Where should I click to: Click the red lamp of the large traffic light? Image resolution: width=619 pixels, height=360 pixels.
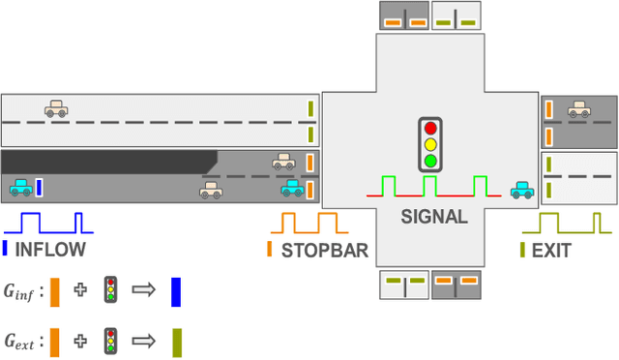[x=430, y=128]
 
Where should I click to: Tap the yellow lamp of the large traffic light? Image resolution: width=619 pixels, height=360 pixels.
[x=430, y=144]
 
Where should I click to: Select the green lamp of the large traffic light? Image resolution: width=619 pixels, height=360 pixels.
[x=430, y=161]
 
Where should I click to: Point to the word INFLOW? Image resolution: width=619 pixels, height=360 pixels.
[x=49, y=250]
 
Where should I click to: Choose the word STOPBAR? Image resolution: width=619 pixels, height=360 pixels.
[x=324, y=250]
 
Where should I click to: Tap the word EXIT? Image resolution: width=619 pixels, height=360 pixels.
[x=551, y=250]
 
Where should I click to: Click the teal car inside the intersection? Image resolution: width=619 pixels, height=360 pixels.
[x=521, y=190]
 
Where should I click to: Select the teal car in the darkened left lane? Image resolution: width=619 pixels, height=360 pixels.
[x=20, y=188]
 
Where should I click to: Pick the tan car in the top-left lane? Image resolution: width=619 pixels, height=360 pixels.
[x=56, y=109]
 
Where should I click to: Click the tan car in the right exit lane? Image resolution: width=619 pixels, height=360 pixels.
[x=579, y=110]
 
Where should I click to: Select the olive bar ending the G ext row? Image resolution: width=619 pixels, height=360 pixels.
[x=176, y=342]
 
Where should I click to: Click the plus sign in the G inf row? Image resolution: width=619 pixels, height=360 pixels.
[x=80, y=289]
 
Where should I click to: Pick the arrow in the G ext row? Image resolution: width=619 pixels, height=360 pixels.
[x=144, y=341]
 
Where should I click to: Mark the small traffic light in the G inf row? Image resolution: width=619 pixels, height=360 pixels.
[x=111, y=289]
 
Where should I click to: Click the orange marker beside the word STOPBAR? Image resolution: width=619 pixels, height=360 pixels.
[x=270, y=250]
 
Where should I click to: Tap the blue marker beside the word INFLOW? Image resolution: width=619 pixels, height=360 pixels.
[x=6, y=250]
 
